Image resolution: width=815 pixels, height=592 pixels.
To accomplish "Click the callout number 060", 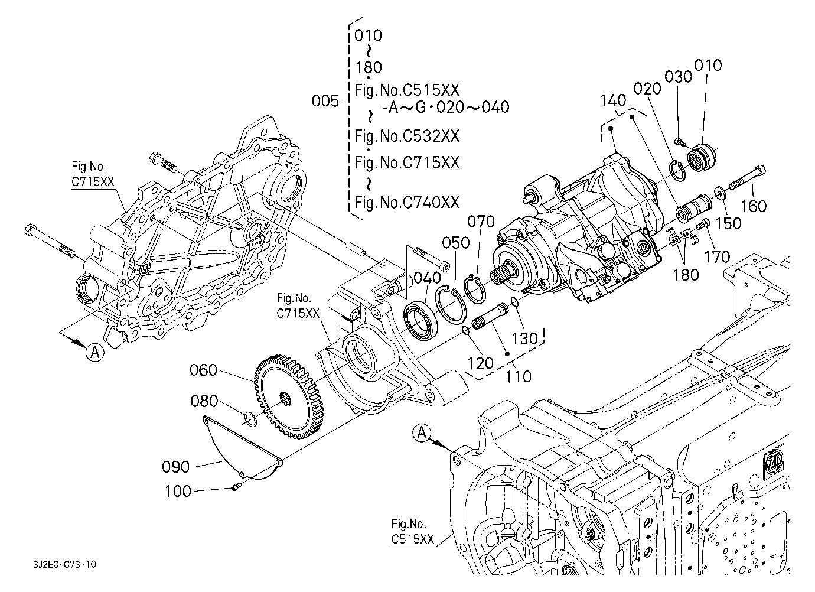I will [204, 370].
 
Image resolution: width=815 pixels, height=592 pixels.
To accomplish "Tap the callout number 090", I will [176, 467].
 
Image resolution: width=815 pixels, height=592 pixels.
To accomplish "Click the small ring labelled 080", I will [250, 419].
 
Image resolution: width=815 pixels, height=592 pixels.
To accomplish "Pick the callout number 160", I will [754, 206].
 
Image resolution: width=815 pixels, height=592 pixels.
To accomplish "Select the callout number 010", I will [708, 65].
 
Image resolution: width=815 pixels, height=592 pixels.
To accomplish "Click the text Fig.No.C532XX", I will [407, 136].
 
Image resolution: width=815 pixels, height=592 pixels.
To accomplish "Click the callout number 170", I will [716, 257].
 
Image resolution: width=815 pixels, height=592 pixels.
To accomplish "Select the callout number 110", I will [519, 376].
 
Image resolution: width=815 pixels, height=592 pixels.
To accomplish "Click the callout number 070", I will [481, 223].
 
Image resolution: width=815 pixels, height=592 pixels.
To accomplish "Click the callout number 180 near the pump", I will [685, 275].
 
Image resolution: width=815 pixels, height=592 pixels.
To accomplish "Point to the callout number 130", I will [525, 338].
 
